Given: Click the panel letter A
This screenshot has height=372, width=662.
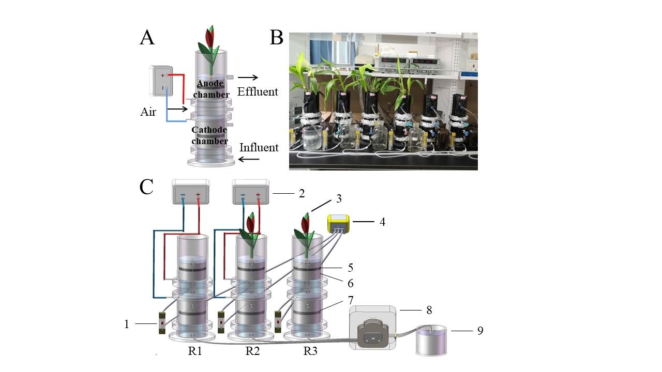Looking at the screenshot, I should [x=147, y=37].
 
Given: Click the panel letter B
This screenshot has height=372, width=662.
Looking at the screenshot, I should [x=277, y=37].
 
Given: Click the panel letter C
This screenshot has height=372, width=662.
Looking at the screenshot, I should [x=147, y=187].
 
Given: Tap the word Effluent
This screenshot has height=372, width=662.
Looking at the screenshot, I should [x=258, y=92].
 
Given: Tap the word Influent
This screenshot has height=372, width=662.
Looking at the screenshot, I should [x=259, y=148].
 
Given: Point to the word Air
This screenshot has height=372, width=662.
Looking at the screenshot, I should [x=148, y=112].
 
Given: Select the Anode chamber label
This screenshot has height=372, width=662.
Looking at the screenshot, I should [x=212, y=89].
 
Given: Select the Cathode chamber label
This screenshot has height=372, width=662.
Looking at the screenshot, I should [x=209, y=136].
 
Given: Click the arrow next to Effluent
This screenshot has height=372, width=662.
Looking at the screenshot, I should [x=247, y=78].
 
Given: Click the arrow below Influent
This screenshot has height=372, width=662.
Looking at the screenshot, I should [x=248, y=160].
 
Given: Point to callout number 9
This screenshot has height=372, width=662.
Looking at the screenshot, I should [x=480, y=330].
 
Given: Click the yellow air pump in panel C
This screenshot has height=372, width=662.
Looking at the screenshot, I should [x=339, y=225].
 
